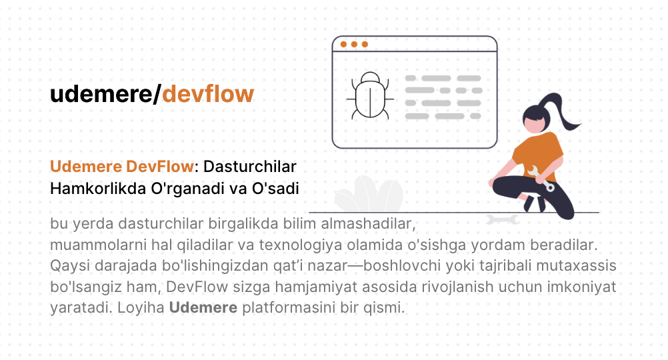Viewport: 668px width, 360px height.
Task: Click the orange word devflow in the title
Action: click(x=208, y=93)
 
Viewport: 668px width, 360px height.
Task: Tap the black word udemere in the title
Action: click(x=101, y=95)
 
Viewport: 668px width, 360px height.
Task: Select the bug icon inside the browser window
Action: click(x=370, y=95)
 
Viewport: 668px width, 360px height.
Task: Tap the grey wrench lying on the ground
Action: click(x=503, y=219)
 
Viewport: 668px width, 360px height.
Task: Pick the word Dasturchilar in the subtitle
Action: click(x=249, y=167)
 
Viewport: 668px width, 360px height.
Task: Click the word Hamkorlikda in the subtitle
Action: click(x=98, y=188)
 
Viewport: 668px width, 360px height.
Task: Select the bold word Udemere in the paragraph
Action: click(x=203, y=307)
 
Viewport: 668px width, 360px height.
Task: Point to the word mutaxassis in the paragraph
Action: click(x=577, y=265)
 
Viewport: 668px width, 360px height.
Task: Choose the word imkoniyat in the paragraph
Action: click(x=581, y=287)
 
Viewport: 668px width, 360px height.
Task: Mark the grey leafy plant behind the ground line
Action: click(x=369, y=194)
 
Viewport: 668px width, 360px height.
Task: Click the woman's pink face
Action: click(x=534, y=125)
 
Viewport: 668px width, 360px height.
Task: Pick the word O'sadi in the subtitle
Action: click(x=275, y=188)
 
